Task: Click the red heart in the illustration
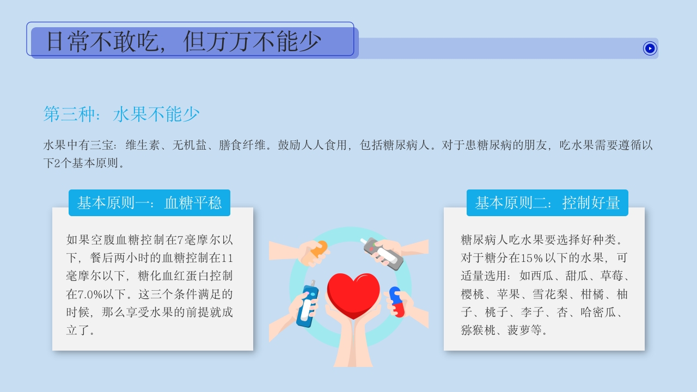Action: (x=353, y=294)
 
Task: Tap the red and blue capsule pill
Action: (x=397, y=302)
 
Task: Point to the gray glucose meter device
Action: (x=383, y=253)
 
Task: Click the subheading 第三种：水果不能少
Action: (x=121, y=114)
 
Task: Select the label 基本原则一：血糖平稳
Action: (x=149, y=203)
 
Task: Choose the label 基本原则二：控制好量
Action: (x=547, y=203)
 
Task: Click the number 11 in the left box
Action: (x=228, y=258)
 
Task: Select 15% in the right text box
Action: (x=534, y=258)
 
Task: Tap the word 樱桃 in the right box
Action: (x=472, y=295)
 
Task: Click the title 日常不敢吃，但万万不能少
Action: (x=184, y=41)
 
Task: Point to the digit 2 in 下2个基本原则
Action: (x=58, y=163)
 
